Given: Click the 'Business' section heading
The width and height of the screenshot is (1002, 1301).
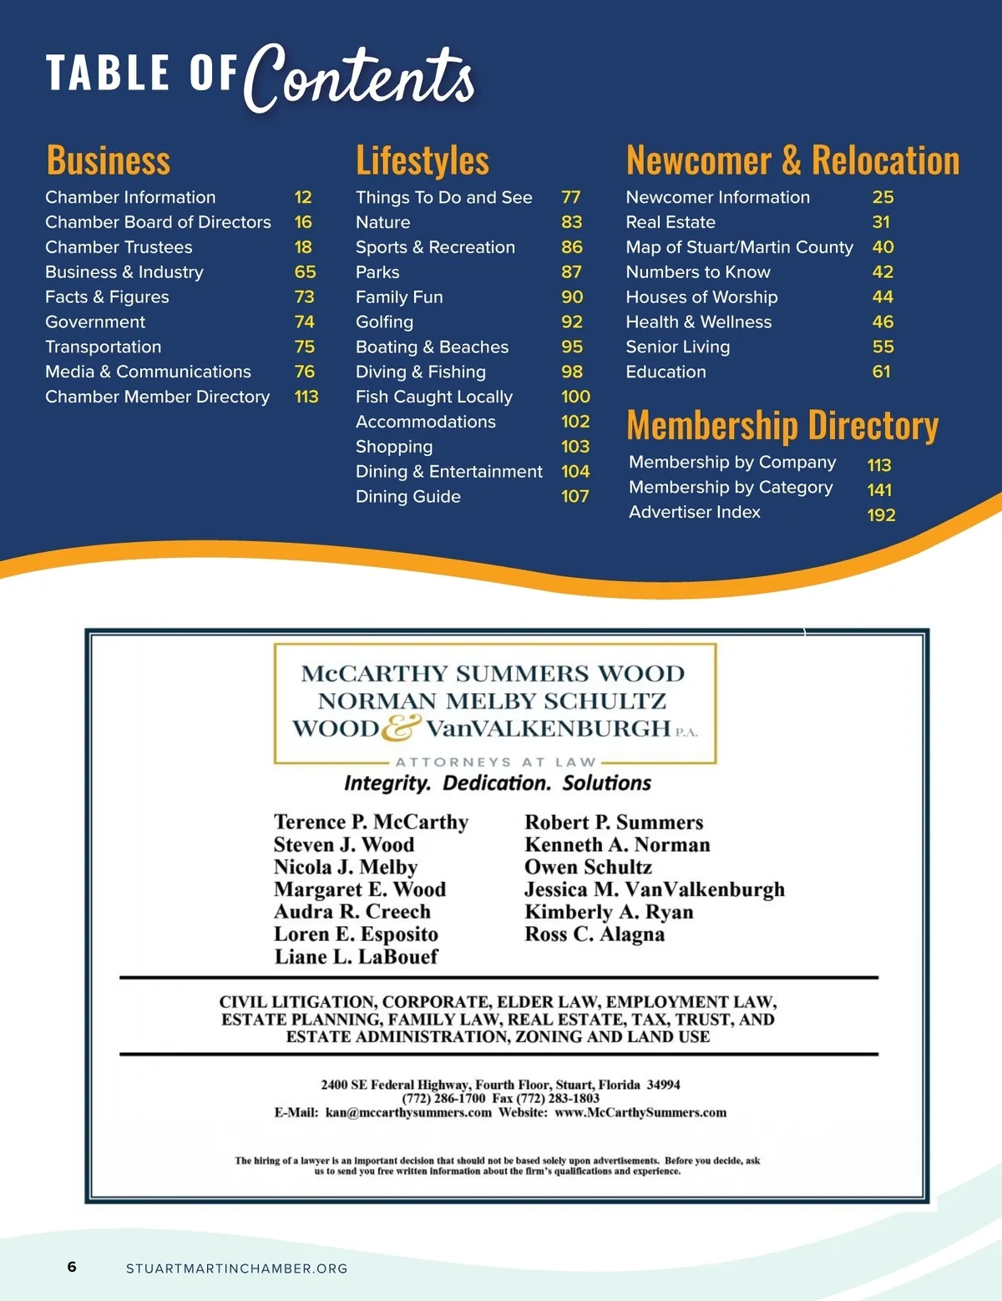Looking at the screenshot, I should [x=108, y=160].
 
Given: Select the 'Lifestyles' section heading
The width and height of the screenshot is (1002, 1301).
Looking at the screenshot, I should [x=422, y=160].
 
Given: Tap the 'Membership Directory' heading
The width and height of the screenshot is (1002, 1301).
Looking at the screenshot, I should [x=782, y=425].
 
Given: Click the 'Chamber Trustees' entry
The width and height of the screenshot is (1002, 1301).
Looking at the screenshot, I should [x=119, y=247].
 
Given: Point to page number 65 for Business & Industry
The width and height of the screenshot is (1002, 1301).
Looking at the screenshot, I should [x=305, y=272].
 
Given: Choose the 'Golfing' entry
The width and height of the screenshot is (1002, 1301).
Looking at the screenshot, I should [x=384, y=322].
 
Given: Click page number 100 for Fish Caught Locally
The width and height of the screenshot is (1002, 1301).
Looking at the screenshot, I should [x=575, y=397].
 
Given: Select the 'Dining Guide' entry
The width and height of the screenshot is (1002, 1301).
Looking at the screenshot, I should [x=407, y=497].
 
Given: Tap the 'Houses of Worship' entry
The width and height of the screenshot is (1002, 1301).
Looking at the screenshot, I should [x=701, y=297].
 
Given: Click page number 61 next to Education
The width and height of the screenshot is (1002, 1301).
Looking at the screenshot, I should [x=881, y=372].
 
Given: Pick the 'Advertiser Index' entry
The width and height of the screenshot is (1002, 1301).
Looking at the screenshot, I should [x=694, y=512].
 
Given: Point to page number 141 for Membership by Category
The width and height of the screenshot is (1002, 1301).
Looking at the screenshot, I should [x=879, y=490].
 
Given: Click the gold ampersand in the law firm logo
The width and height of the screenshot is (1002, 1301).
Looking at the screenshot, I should [x=402, y=727].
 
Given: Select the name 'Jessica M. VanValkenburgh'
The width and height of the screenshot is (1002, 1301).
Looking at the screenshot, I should [x=655, y=889].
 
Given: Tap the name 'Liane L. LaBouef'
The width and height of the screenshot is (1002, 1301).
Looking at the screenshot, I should [x=356, y=957].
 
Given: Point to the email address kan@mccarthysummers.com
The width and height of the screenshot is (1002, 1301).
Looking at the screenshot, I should [x=408, y=1112].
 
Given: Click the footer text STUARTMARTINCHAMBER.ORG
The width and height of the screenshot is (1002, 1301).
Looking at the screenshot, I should [x=236, y=1268].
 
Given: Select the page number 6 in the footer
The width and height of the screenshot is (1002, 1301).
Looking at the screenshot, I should [x=72, y=1267].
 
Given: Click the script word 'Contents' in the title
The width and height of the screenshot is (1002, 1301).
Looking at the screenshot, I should [x=360, y=77].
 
